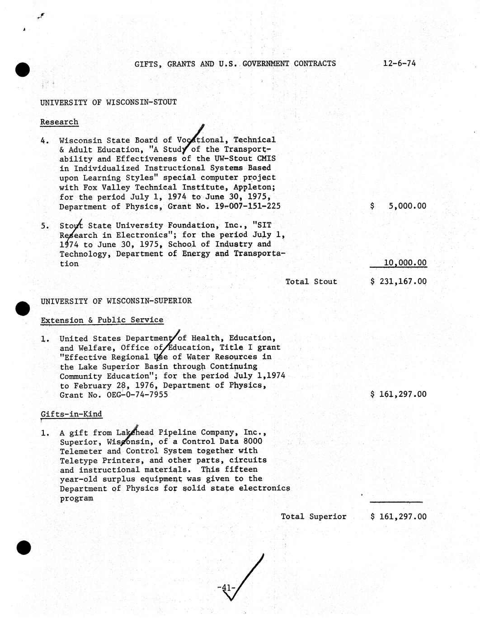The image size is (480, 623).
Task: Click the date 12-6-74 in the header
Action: (399, 63)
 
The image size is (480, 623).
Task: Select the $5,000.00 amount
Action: (398, 206)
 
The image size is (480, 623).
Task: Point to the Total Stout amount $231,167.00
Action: (398, 281)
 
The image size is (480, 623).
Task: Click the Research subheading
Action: (59, 122)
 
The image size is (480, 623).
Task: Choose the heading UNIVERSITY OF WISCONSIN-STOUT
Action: (108, 102)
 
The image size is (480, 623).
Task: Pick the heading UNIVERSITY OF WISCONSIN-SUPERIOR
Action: (116, 301)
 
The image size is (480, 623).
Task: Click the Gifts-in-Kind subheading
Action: (71, 414)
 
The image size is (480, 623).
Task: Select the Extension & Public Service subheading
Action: (102, 320)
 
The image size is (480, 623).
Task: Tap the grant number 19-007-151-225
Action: (248, 206)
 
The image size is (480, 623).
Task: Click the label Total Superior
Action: (314, 516)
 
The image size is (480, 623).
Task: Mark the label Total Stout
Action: (311, 281)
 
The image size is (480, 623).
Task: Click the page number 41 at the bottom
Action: (225, 588)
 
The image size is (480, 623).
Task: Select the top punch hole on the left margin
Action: (23, 70)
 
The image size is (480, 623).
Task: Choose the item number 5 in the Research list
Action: (44, 226)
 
